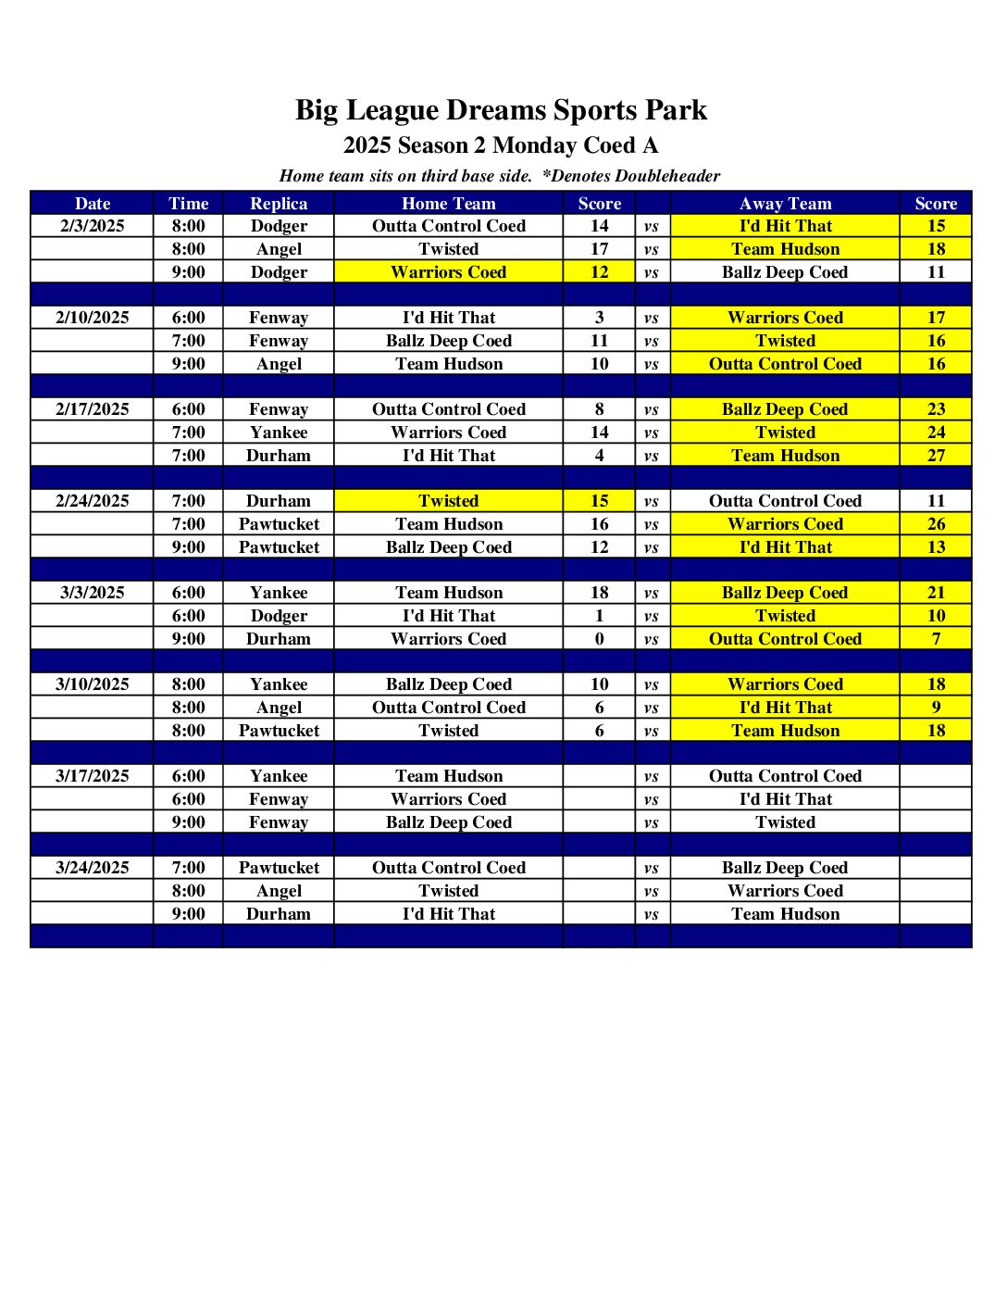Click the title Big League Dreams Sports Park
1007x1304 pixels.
point(501,110)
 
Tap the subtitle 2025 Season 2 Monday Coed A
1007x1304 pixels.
point(501,145)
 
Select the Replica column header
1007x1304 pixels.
point(279,204)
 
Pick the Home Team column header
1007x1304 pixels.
point(448,204)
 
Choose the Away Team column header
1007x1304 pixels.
point(785,204)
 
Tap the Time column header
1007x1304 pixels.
point(188,204)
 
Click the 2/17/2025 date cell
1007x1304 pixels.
point(92,409)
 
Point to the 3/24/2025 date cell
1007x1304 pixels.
point(92,868)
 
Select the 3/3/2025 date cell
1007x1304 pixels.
point(92,593)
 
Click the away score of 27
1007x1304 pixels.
point(936,456)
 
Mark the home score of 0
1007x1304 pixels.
point(599,639)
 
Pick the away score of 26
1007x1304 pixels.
point(936,524)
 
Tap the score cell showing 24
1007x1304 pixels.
point(936,433)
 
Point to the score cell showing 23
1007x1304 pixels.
point(936,409)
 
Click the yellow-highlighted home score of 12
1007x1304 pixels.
point(599,272)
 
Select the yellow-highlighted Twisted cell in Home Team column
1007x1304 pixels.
point(448,501)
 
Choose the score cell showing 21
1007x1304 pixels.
point(936,593)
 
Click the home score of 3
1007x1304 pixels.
point(599,318)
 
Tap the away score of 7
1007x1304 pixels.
point(936,639)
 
